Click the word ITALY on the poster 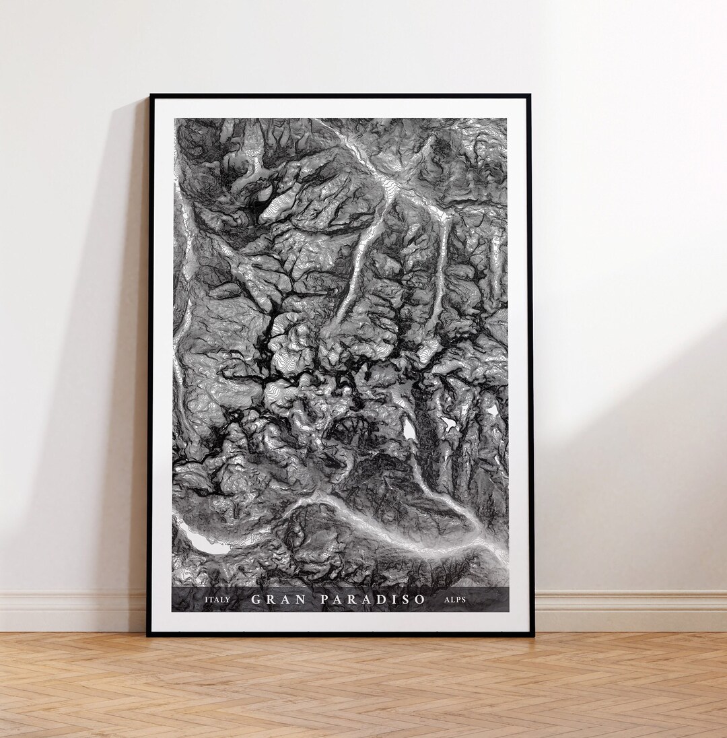point(217,599)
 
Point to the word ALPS point(455,599)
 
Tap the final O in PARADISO point(420,599)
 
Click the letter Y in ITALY point(228,599)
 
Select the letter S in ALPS point(463,599)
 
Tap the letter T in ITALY point(211,599)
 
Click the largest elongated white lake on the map point(202,541)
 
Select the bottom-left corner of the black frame point(149,634)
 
